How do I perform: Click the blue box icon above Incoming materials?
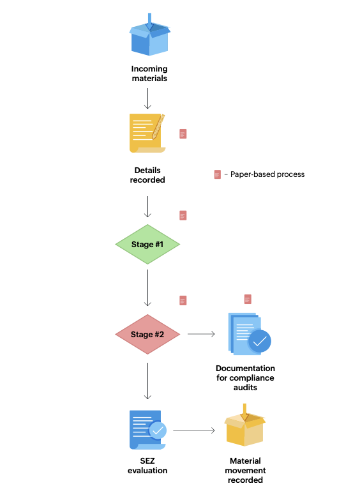[x=149, y=36]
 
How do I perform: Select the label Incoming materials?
[x=149, y=73]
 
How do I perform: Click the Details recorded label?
[x=147, y=175]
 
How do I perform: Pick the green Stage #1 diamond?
[x=147, y=245]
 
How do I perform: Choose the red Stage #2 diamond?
[x=147, y=335]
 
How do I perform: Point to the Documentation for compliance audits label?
[x=245, y=377]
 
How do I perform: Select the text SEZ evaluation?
[x=147, y=466]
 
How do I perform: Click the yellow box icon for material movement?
[x=245, y=426]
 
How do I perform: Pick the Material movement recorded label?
[x=245, y=470]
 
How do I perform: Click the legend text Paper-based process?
[x=267, y=174]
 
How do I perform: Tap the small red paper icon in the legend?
[x=218, y=174]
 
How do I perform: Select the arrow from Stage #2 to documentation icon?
[x=201, y=334]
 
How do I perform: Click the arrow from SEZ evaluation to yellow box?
[x=194, y=431]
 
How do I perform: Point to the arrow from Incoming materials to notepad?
[x=147, y=98]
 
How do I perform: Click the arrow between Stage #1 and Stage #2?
[x=147, y=287]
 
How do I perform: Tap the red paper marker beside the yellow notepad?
[x=183, y=133]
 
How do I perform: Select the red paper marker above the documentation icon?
[x=248, y=299]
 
